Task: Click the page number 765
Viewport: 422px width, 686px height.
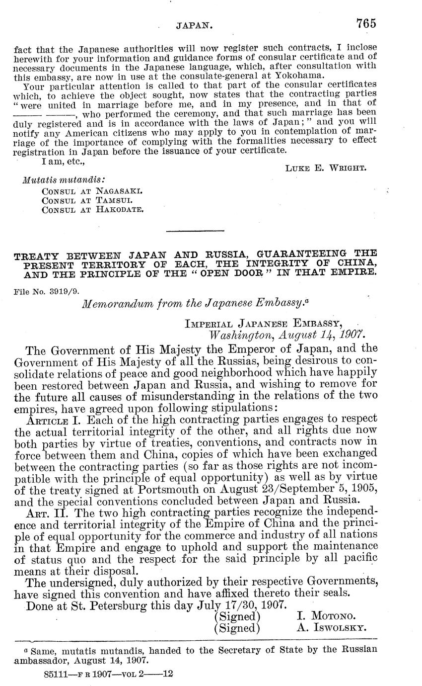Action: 366,23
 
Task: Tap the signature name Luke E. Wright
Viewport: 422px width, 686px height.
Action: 326,168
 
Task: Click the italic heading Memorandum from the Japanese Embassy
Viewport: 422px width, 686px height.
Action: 196,303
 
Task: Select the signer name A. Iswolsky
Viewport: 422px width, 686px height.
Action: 331,627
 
